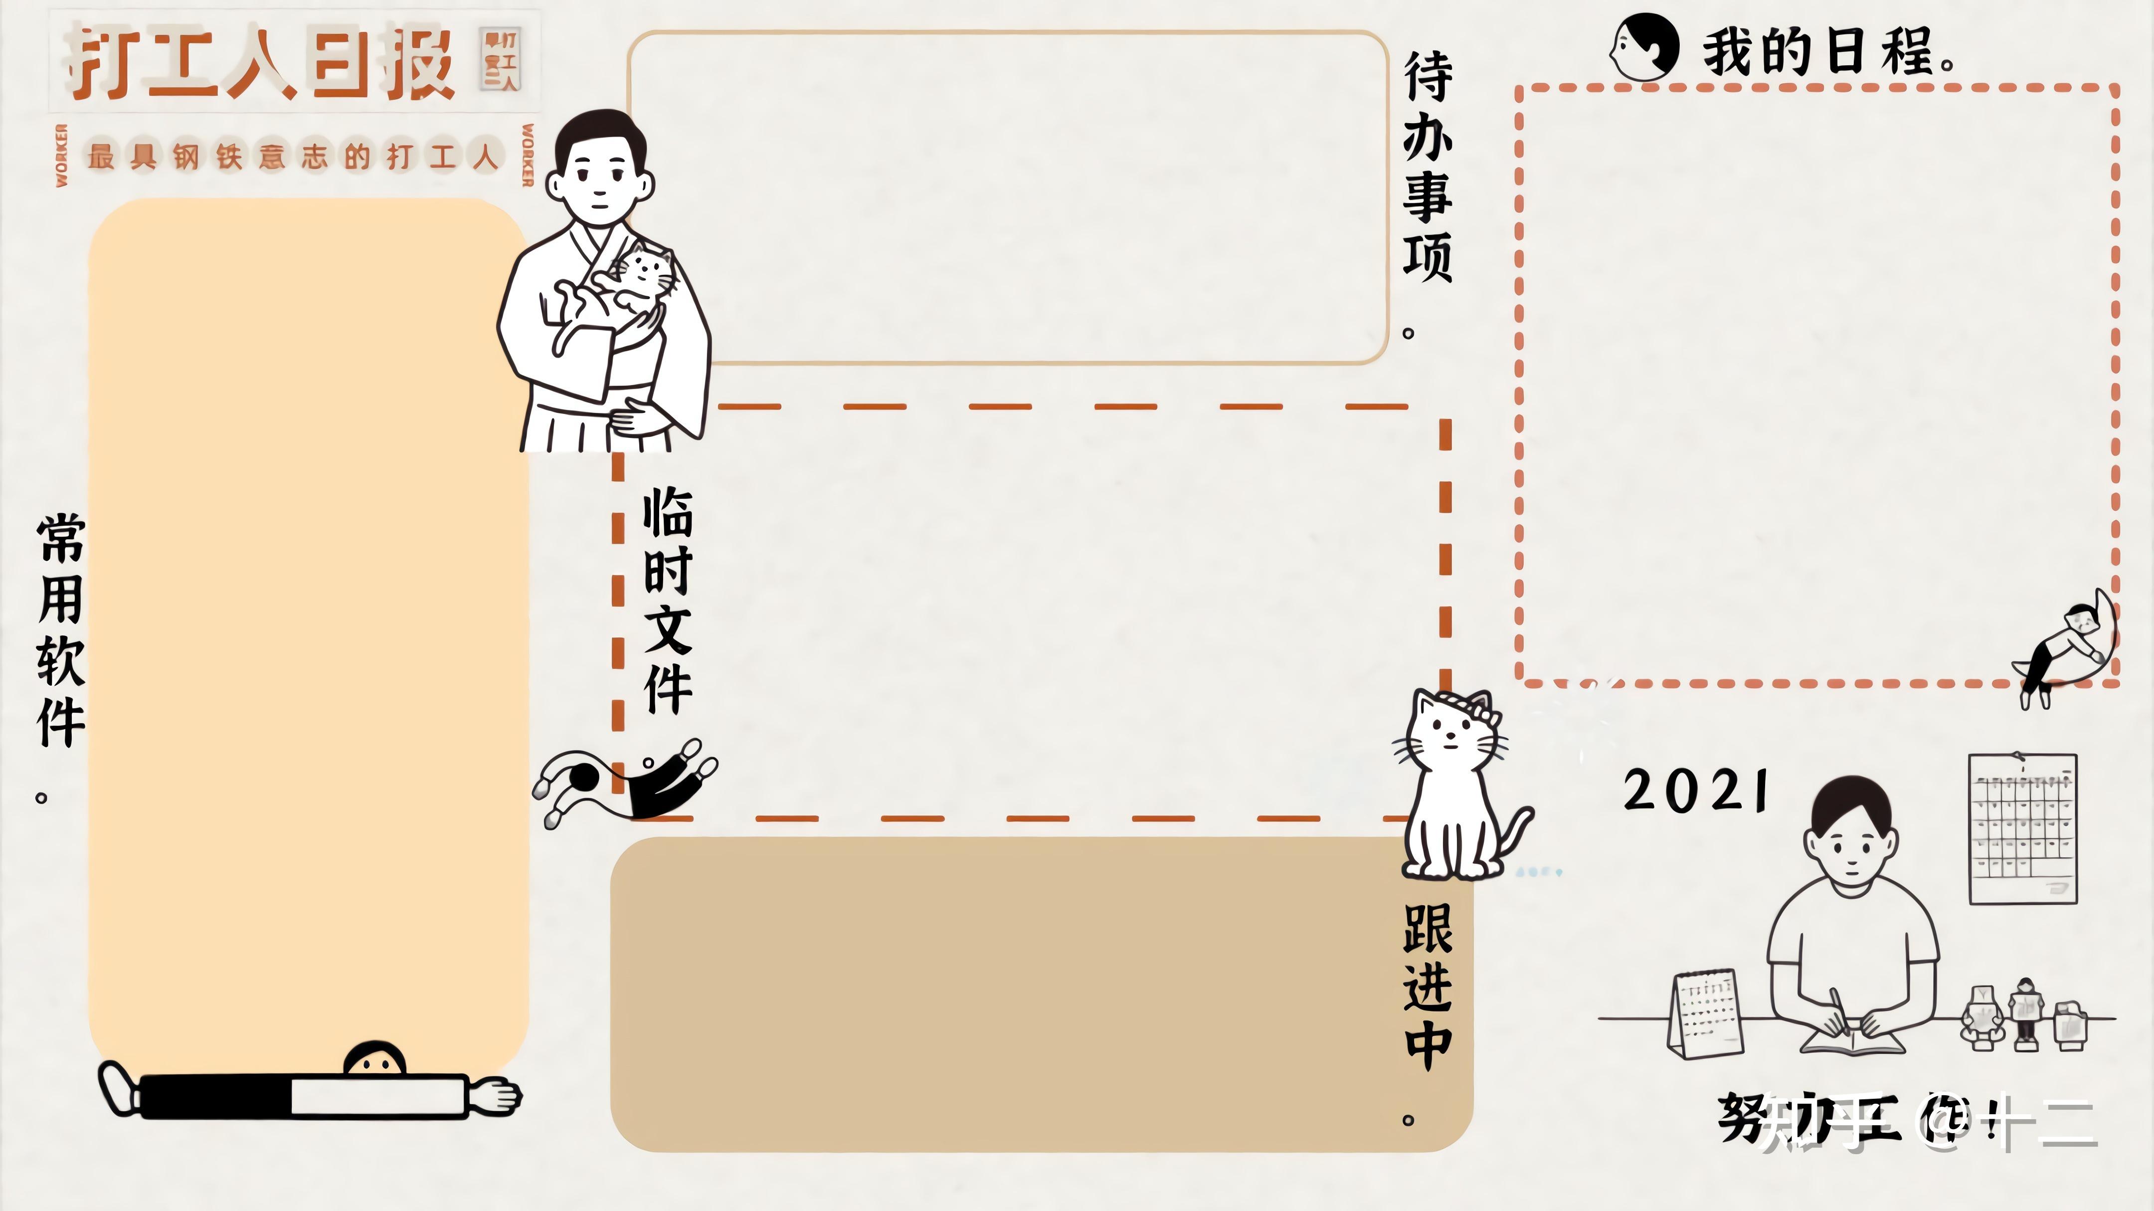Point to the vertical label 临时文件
coord(667,601)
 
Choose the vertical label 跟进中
coord(1428,987)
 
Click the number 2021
coord(1696,791)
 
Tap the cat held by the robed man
coord(623,288)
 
